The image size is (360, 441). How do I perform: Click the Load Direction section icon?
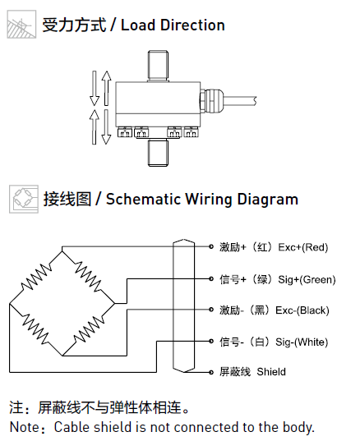(x=21, y=24)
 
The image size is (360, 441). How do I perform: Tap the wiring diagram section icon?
(x=24, y=199)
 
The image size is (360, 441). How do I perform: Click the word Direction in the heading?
(x=192, y=25)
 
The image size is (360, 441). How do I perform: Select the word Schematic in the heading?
(x=143, y=199)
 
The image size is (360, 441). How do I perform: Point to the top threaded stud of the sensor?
(x=158, y=66)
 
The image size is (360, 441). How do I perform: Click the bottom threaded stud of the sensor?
(x=158, y=154)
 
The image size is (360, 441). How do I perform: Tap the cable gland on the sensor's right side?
(x=212, y=101)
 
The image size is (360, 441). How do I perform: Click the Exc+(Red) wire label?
(x=303, y=247)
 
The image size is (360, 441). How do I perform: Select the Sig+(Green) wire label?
(x=307, y=279)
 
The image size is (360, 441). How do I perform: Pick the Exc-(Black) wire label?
(x=302, y=310)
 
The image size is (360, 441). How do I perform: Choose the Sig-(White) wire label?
(x=302, y=342)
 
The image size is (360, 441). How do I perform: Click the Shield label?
(x=271, y=372)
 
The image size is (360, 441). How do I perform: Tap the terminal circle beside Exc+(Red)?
(x=211, y=246)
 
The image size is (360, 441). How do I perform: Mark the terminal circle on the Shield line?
(x=211, y=372)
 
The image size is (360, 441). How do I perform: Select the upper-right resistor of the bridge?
(x=88, y=277)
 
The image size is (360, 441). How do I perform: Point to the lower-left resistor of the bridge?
(x=35, y=328)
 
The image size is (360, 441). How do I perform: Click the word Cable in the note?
(x=72, y=427)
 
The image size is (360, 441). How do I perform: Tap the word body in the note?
(x=298, y=428)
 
